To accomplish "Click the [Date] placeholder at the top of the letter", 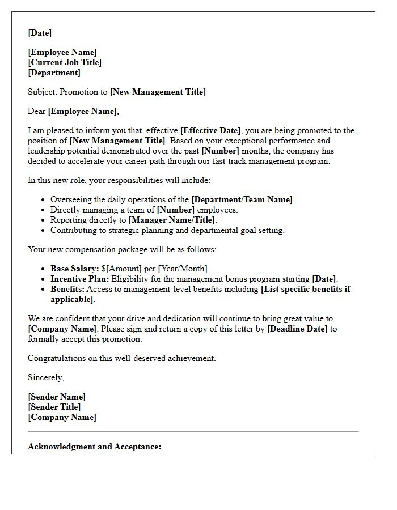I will point(40,33).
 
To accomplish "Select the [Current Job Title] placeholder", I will point(65,62).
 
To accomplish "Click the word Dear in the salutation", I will point(37,111).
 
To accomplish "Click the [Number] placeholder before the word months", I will point(220,150).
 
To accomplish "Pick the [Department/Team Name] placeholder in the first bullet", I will point(242,199).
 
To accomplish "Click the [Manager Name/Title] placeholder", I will point(172,220).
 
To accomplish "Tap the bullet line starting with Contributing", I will point(167,230).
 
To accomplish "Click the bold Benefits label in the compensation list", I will point(67,289).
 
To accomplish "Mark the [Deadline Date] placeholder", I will point(297,329).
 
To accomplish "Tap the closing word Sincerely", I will point(45,377).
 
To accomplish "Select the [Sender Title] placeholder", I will point(54,407).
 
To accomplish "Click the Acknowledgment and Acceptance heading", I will point(95,447).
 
